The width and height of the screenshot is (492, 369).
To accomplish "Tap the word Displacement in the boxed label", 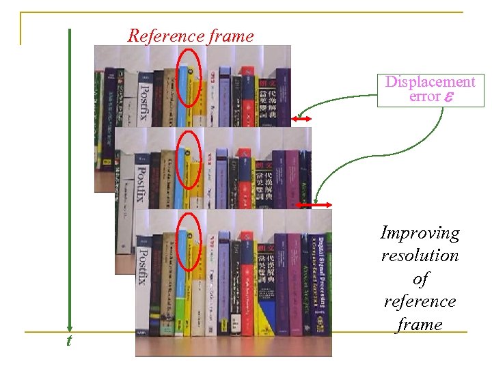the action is pyautogui.click(x=430, y=82).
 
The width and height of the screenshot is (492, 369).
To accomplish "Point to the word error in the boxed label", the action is pyautogui.click(x=424, y=96).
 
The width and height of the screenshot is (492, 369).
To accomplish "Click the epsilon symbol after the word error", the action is pyautogui.click(x=448, y=97).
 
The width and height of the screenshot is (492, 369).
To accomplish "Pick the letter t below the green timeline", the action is pyautogui.click(x=68, y=340).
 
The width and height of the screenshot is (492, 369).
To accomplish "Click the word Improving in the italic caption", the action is pyautogui.click(x=420, y=233).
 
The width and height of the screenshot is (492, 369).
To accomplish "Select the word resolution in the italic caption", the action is pyautogui.click(x=420, y=256).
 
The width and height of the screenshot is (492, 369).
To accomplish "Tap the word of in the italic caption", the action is pyautogui.click(x=420, y=279).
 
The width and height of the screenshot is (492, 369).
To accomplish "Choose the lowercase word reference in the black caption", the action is pyautogui.click(x=420, y=301).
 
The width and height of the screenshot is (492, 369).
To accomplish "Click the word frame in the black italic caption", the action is pyautogui.click(x=420, y=324).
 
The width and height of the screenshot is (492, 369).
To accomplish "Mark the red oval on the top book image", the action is pyautogui.click(x=188, y=77).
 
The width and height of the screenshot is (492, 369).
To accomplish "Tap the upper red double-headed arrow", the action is pyautogui.click(x=301, y=120).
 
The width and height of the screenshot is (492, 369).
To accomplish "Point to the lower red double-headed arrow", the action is pyautogui.click(x=314, y=205).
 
